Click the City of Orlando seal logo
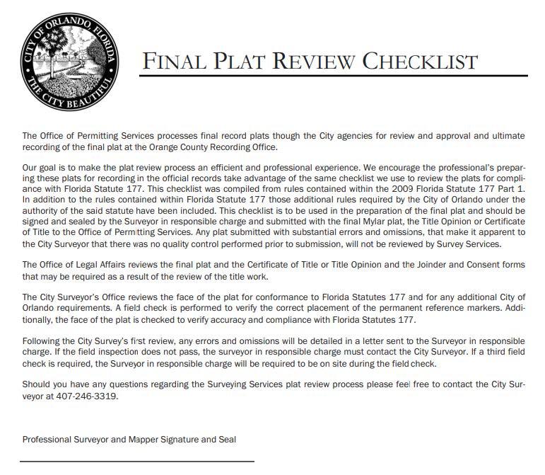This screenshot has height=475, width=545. click(69, 61)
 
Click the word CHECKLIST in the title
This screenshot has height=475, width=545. click(420, 62)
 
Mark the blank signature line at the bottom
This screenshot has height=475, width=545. click(137, 462)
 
